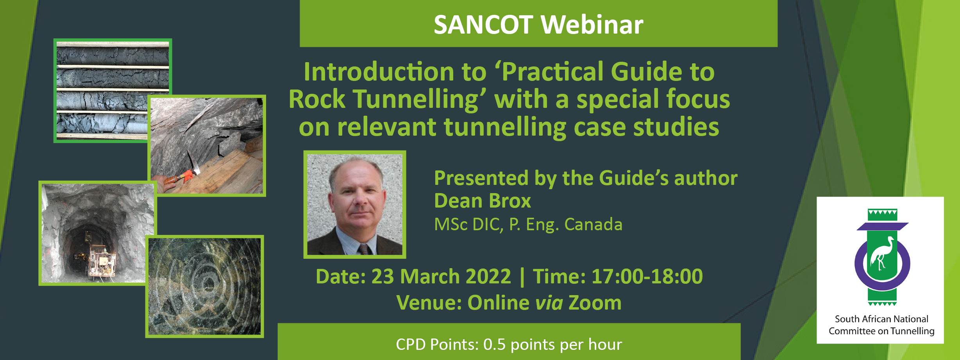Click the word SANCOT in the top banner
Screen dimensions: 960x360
(483, 25)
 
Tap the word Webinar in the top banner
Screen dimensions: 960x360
(592, 25)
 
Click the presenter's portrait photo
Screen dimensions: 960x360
(355, 204)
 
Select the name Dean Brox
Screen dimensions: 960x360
(483, 201)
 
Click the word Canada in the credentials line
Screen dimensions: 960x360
(593, 224)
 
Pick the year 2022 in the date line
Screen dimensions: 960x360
(488, 276)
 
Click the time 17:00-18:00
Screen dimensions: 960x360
(647, 276)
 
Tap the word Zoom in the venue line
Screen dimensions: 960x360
(595, 303)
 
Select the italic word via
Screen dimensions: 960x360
(549, 303)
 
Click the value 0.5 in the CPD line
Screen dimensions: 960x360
(495, 344)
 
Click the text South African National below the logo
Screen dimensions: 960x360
(881, 319)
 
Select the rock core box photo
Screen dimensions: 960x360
(113, 91)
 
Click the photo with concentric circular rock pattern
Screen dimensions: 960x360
(204, 287)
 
